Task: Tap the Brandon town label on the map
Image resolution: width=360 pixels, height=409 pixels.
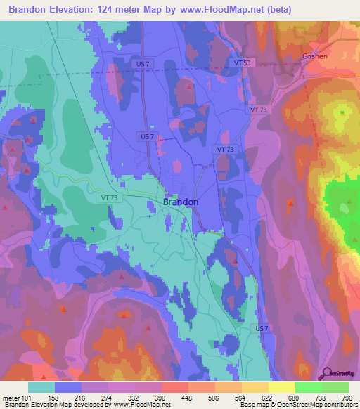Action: click(x=181, y=202)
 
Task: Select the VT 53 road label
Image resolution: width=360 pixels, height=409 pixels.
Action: click(x=242, y=63)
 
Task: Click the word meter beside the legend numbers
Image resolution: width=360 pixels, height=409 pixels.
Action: click(x=12, y=397)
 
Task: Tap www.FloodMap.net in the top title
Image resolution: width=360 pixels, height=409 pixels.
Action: click(x=219, y=9)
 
